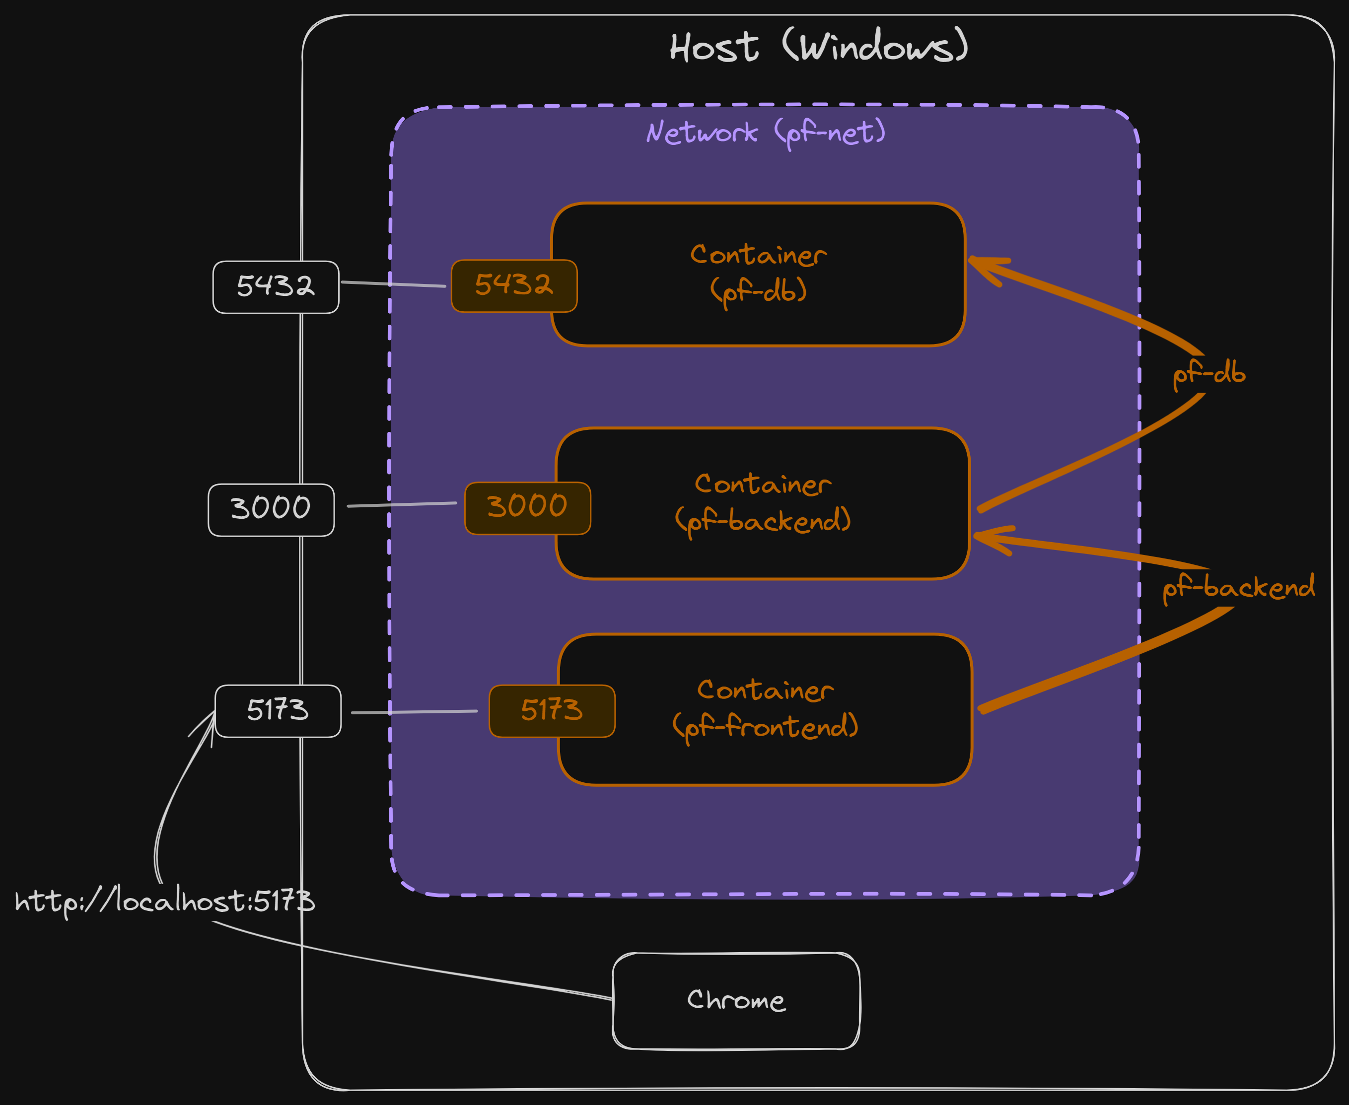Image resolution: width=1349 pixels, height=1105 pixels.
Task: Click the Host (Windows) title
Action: (x=819, y=47)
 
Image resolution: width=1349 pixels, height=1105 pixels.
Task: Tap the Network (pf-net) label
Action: (x=765, y=133)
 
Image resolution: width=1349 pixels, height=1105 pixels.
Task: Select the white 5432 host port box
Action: (x=276, y=286)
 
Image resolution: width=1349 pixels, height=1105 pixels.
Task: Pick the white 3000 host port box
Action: (x=271, y=510)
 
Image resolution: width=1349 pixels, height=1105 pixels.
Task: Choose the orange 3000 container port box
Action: (x=527, y=508)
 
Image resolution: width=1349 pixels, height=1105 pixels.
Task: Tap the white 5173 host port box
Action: (x=278, y=711)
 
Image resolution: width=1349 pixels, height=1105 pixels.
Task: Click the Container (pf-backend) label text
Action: (x=763, y=503)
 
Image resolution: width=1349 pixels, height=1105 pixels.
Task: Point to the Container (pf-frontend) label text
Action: (x=765, y=709)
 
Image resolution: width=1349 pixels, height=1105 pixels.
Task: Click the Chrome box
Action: (x=736, y=1001)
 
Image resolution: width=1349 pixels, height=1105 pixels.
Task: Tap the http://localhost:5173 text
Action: (x=164, y=901)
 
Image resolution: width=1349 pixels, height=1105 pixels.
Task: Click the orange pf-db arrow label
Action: (x=1208, y=374)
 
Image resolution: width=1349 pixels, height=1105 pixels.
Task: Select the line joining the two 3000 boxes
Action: (x=402, y=505)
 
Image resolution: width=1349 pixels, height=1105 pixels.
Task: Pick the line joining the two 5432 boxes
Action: (x=393, y=284)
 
